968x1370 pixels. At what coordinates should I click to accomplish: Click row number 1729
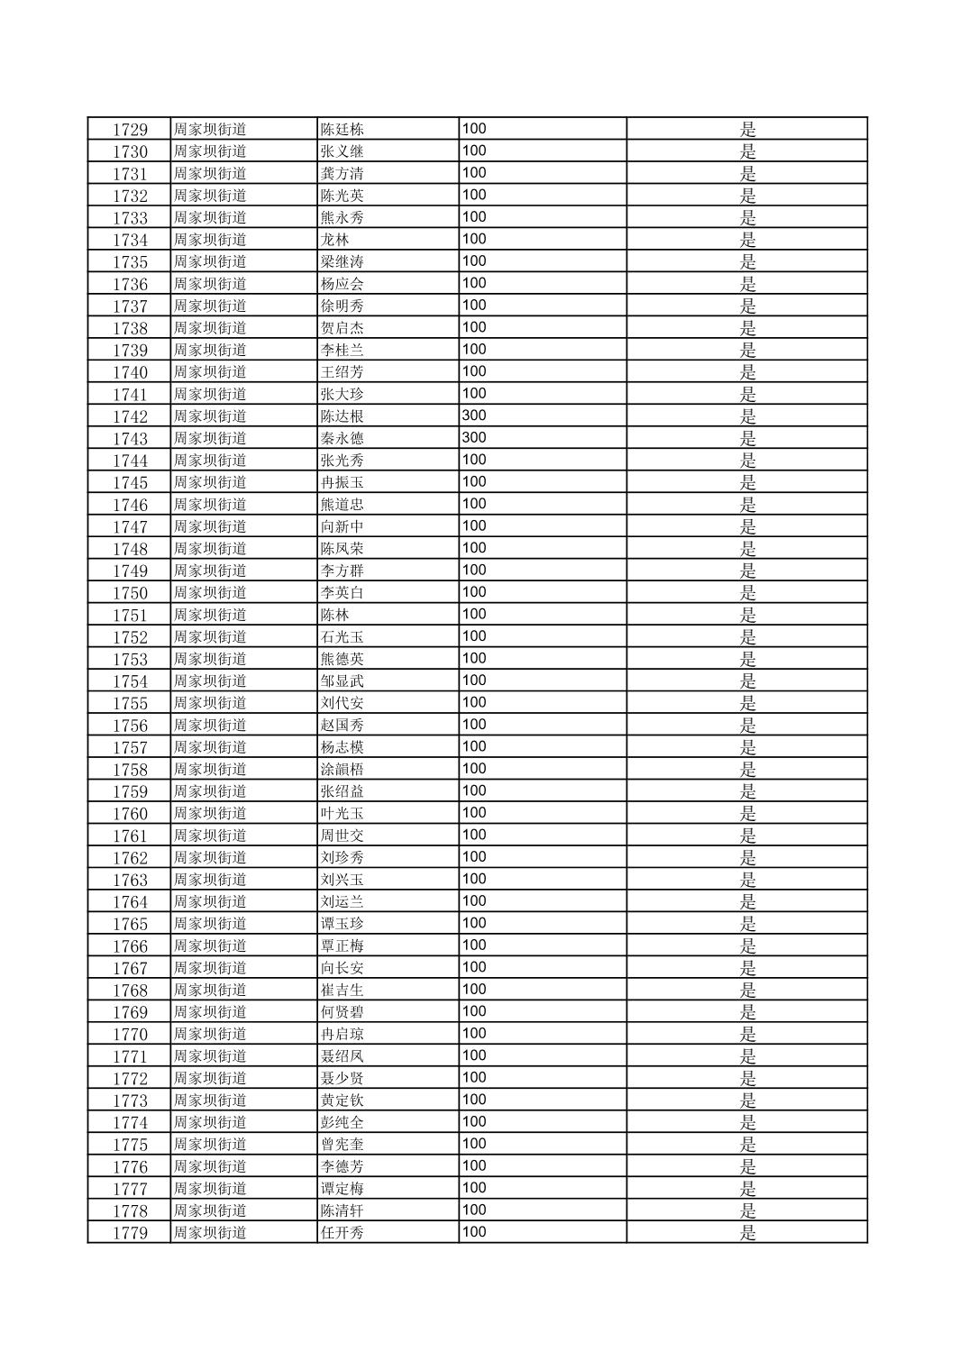click(130, 129)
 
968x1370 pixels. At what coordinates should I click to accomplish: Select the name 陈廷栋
click(342, 129)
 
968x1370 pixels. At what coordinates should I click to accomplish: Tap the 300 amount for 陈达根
click(474, 416)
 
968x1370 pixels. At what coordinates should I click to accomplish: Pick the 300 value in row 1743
click(474, 438)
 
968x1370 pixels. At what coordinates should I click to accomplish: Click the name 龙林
click(335, 240)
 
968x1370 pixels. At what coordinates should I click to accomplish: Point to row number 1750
click(130, 593)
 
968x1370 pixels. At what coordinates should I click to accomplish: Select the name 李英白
click(342, 593)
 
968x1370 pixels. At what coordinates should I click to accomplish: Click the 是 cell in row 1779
click(748, 1233)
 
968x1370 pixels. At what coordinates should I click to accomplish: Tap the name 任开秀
click(342, 1233)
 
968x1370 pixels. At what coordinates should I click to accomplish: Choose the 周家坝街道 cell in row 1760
click(210, 814)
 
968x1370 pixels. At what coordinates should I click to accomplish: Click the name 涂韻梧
click(342, 770)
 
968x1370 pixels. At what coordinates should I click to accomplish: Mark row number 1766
click(130, 946)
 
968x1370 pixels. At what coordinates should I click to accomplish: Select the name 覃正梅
click(342, 946)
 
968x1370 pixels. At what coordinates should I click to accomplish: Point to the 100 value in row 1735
click(474, 261)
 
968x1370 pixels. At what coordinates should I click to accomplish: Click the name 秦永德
click(342, 438)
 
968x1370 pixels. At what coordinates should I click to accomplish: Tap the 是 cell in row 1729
click(748, 129)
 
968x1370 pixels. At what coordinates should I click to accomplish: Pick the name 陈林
click(335, 615)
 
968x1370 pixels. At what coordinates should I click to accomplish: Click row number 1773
click(130, 1101)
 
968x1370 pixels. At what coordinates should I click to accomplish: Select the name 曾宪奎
click(342, 1145)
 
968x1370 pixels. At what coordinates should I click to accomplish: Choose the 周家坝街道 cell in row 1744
click(210, 461)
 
